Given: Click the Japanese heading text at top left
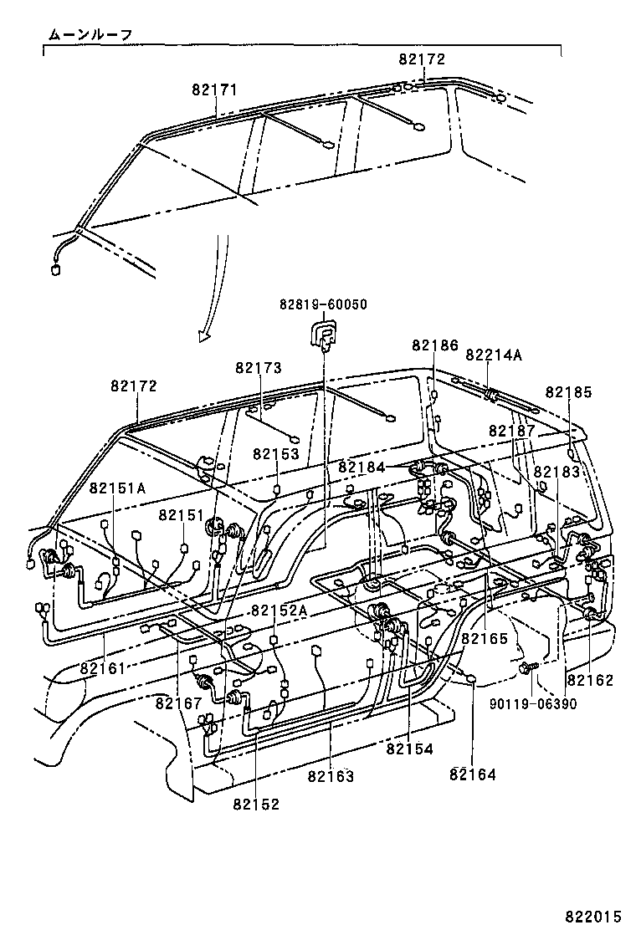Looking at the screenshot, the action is click(x=90, y=35).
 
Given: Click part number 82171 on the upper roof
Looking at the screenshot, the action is click(x=214, y=89).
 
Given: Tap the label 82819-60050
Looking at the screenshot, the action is click(x=323, y=304).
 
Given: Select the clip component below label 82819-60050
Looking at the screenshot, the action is click(x=322, y=336).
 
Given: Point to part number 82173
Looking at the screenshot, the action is click(x=258, y=368).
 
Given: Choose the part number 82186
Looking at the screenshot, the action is click(x=435, y=345).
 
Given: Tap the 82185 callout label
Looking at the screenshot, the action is click(x=568, y=392).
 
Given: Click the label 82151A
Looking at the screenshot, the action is click(x=117, y=488).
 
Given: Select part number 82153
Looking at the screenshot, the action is click(x=276, y=454).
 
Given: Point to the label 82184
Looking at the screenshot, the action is click(x=362, y=468).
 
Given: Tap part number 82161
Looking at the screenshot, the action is click(x=103, y=668).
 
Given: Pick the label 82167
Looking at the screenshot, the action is click(x=179, y=703).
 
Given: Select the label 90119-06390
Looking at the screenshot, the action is click(x=533, y=705).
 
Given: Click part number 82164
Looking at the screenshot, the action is click(x=472, y=774).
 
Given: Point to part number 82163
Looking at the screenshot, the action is click(x=331, y=776).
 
